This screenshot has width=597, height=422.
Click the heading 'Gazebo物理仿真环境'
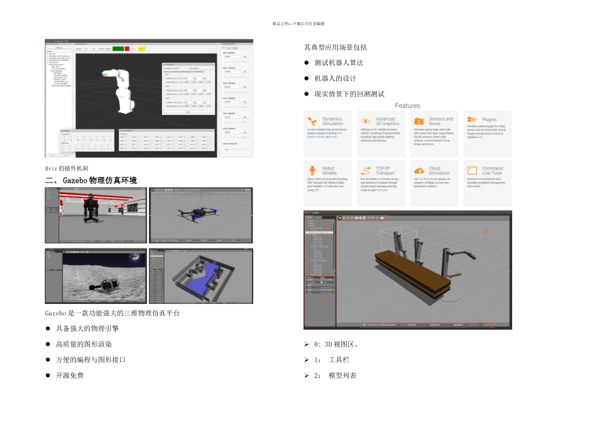point(99,180)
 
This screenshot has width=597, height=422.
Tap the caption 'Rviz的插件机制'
point(67,168)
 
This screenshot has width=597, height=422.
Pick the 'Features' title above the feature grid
point(407,105)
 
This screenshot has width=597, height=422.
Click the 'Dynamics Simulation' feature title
point(332,121)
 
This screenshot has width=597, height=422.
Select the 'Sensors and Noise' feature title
point(441,121)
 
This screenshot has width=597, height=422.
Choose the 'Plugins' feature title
point(490,119)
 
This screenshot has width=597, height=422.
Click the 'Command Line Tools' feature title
point(493,171)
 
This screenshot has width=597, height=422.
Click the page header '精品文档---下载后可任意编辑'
point(298,23)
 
